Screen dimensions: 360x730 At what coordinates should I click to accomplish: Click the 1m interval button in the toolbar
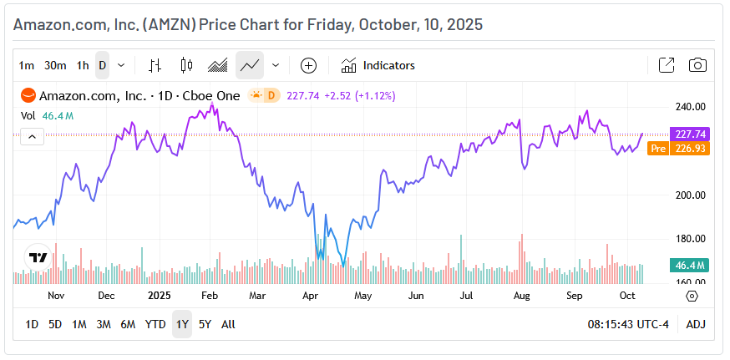27,65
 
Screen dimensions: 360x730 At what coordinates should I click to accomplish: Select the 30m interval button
55,65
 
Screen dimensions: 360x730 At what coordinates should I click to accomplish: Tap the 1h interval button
82,65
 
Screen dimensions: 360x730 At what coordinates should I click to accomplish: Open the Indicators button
378,65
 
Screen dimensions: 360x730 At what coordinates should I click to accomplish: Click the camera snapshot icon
697,65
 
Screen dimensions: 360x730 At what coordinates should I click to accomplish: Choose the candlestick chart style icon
186,65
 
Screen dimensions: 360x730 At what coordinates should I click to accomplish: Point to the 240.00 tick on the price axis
691,107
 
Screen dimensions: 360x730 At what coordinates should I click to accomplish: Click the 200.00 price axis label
691,195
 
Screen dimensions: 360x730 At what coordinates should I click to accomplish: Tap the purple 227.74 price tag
690,134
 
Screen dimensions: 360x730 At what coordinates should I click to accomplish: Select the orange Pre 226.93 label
678,148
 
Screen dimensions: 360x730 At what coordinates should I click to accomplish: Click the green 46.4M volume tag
690,266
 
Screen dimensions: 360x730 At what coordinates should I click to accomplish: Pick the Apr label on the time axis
310,296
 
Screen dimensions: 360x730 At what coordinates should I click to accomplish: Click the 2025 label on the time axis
159,296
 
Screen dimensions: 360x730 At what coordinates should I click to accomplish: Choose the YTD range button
155,324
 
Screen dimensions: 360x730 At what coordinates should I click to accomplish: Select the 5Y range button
205,324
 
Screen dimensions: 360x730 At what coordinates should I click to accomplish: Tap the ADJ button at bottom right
696,324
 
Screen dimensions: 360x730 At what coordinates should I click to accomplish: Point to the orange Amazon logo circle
28,95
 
